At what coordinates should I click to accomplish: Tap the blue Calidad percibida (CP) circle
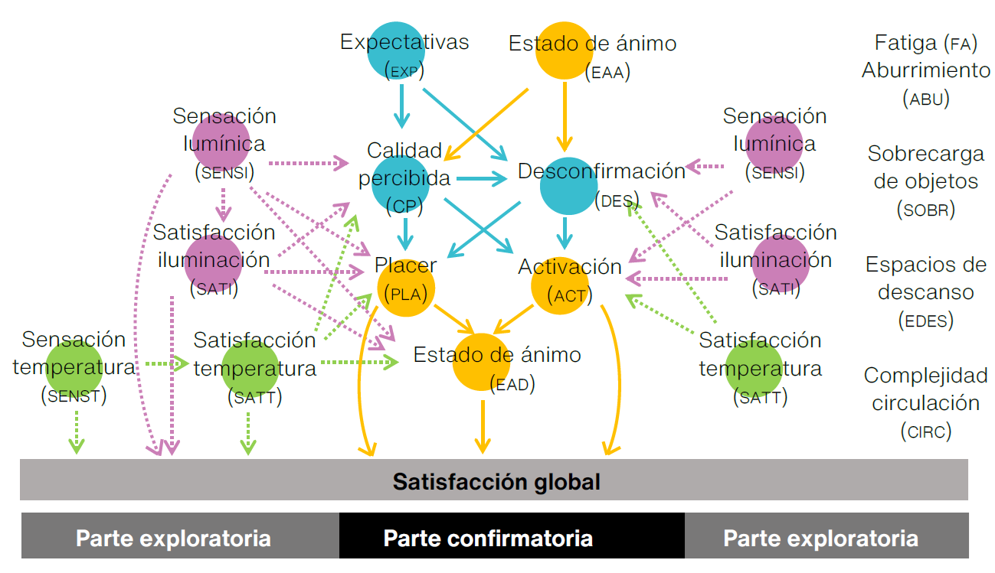pyautogui.click(x=400, y=184)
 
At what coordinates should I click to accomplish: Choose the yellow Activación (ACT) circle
pyautogui.click(x=561, y=285)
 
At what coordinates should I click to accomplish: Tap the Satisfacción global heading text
pyautogui.click(x=496, y=482)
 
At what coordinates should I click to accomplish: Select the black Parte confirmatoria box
pyautogui.click(x=511, y=537)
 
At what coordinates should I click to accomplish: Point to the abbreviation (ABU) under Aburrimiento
pyautogui.click(x=925, y=99)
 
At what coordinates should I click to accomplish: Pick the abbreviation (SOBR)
pyautogui.click(x=926, y=209)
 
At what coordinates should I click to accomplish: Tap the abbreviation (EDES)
pyautogui.click(x=925, y=321)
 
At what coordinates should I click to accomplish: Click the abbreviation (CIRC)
pyautogui.click(x=925, y=431)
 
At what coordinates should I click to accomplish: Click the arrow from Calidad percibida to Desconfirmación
pyautogui.click(x=481, y=180)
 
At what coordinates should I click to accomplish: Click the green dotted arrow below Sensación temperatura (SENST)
pyautogui.click(x=76, y=431)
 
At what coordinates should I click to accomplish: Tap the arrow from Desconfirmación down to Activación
pyautogui.click(x=565, y=233)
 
